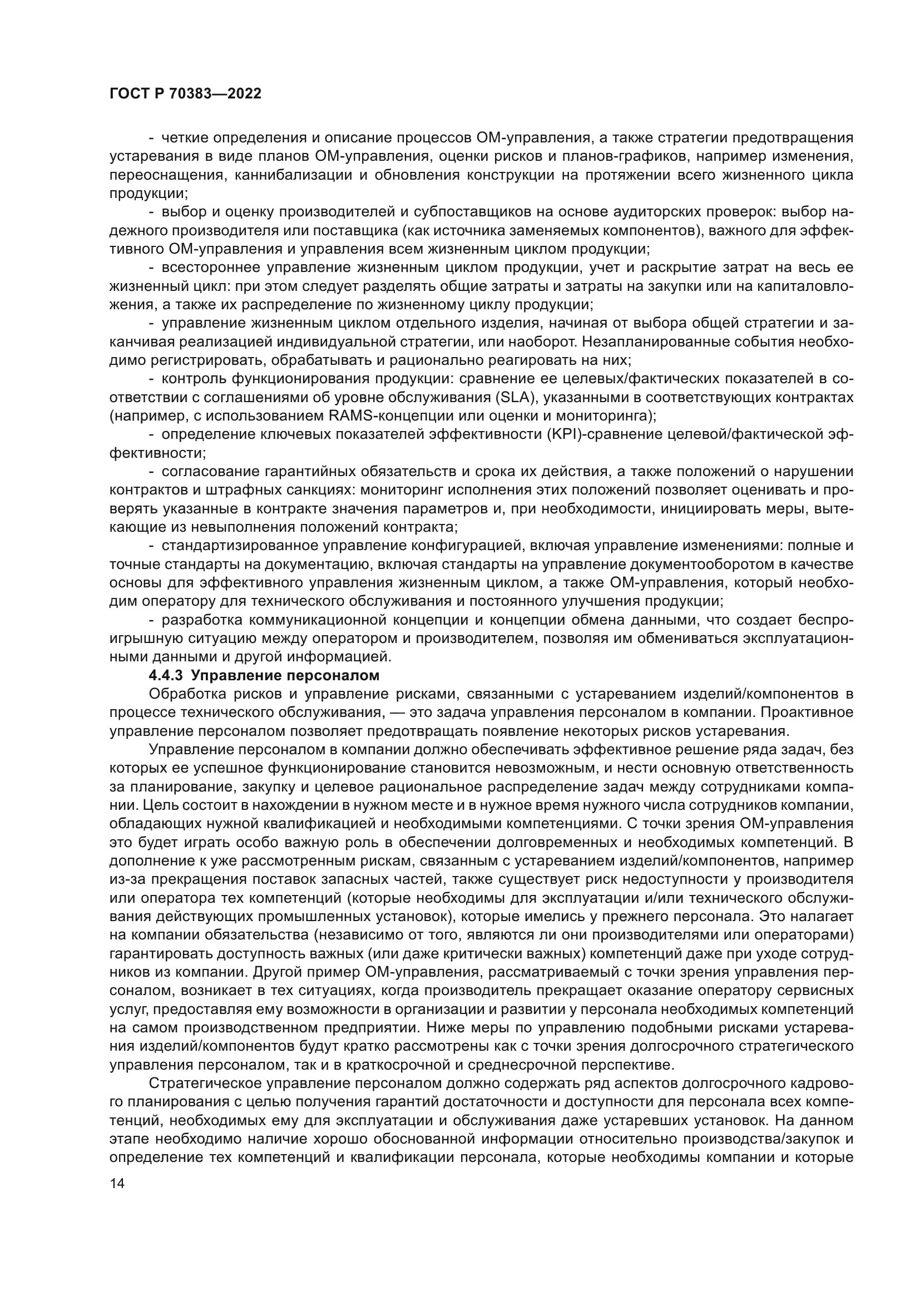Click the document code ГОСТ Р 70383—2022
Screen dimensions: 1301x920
pyautogui.click(x=185, y=94)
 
